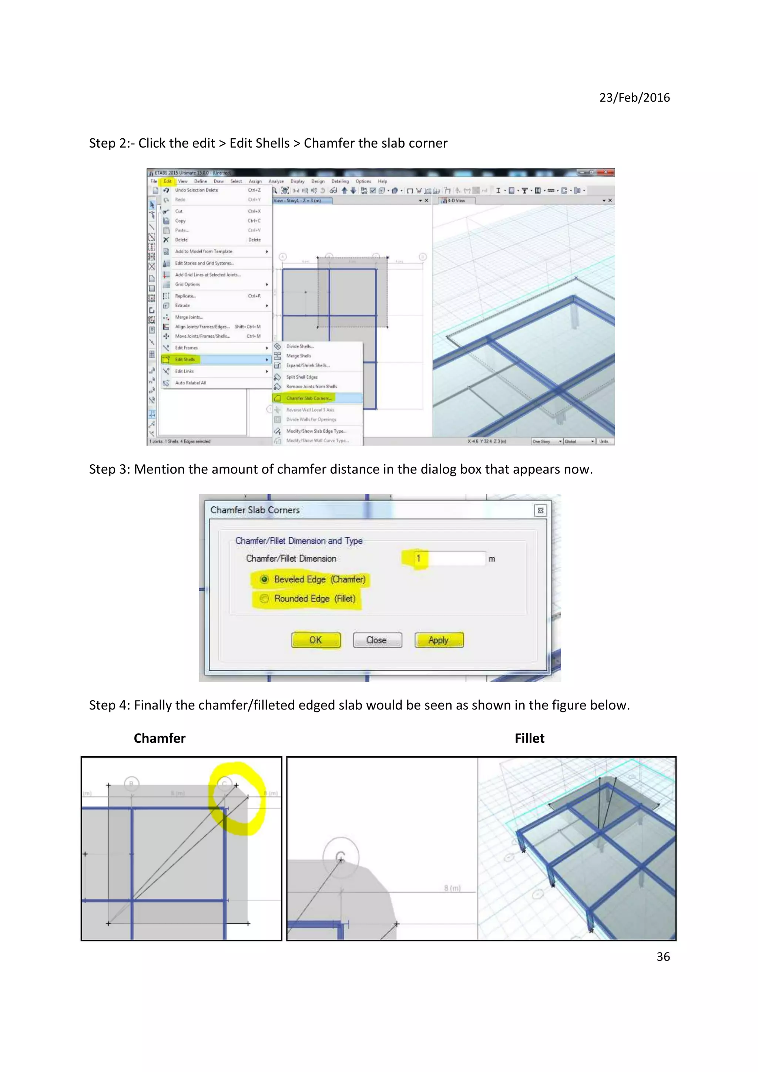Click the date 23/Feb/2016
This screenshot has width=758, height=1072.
click(634, 97)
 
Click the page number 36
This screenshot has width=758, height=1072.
click(663, 957)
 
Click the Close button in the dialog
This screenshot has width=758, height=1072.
click(377, 640)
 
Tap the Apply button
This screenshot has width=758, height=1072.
click(439, 640)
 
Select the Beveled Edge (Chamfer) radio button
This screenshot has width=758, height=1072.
click(265, 579)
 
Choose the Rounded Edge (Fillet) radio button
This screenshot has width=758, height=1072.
click(265, 599)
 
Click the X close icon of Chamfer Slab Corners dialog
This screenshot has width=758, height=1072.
click(540, 510)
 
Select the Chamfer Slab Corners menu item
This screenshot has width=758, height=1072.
click(309, 398)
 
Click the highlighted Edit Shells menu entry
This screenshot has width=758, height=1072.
click(185, 360)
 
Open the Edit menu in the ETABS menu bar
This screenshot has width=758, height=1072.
click(167, 181)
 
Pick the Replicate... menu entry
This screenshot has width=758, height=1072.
click(185, 296)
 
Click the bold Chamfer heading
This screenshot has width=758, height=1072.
click(160, 738)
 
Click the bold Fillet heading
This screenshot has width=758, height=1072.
click(529, 738)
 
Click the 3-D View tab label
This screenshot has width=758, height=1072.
click(456, 201)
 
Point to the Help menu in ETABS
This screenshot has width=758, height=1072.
click(382, 181)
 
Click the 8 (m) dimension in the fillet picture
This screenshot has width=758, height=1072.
click(452, 888)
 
